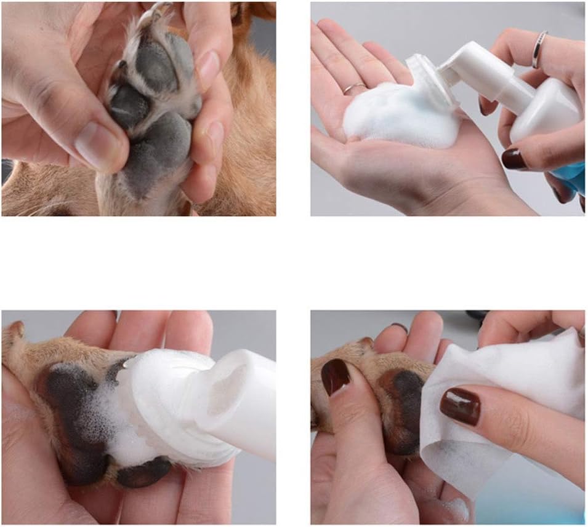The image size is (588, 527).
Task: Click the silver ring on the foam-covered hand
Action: pyautogui.click(x=354, y=88)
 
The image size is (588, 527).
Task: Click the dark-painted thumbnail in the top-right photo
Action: pyautogui.click(x=513, y=159)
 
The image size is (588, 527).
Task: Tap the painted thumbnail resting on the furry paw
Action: pyautogui.click(x=335, y=376)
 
